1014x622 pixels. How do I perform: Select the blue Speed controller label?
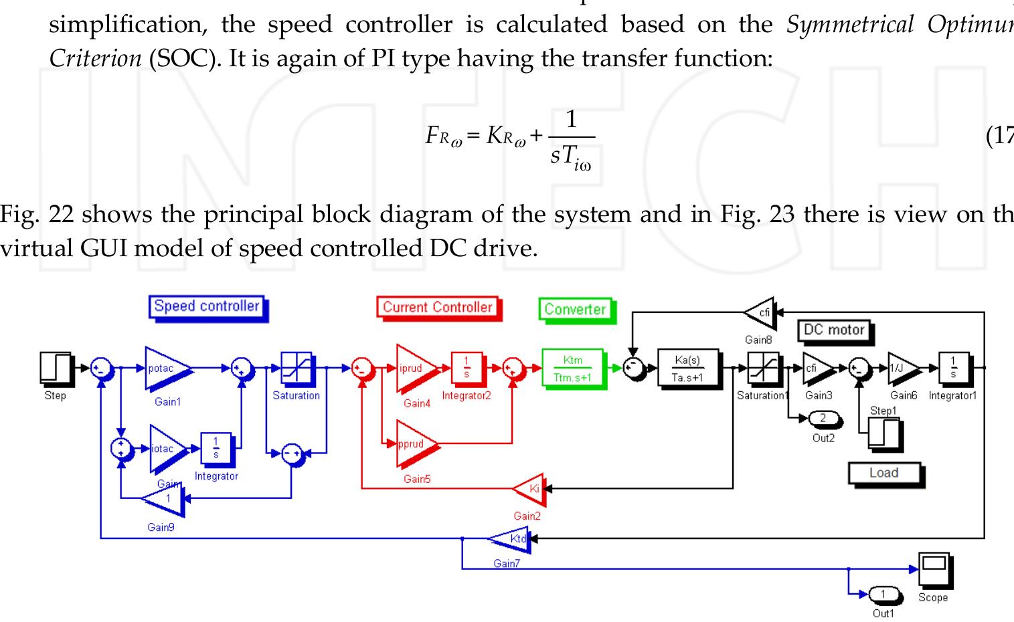click(206, 307)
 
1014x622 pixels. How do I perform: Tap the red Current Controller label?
click(437, 308)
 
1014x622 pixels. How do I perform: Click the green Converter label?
click(574, 309)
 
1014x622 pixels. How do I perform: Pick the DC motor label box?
click(833, 330)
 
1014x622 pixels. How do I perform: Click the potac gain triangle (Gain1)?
click(166, 368)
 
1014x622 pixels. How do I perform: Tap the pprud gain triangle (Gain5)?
click(416, 443)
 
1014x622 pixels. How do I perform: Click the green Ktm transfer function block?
click(572, 368)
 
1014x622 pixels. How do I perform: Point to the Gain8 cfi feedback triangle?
click(760, 313)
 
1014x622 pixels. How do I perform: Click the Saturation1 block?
click(762, 369)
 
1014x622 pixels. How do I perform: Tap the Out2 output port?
click(823, 419)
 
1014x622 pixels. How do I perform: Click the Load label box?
click(883, 474)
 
